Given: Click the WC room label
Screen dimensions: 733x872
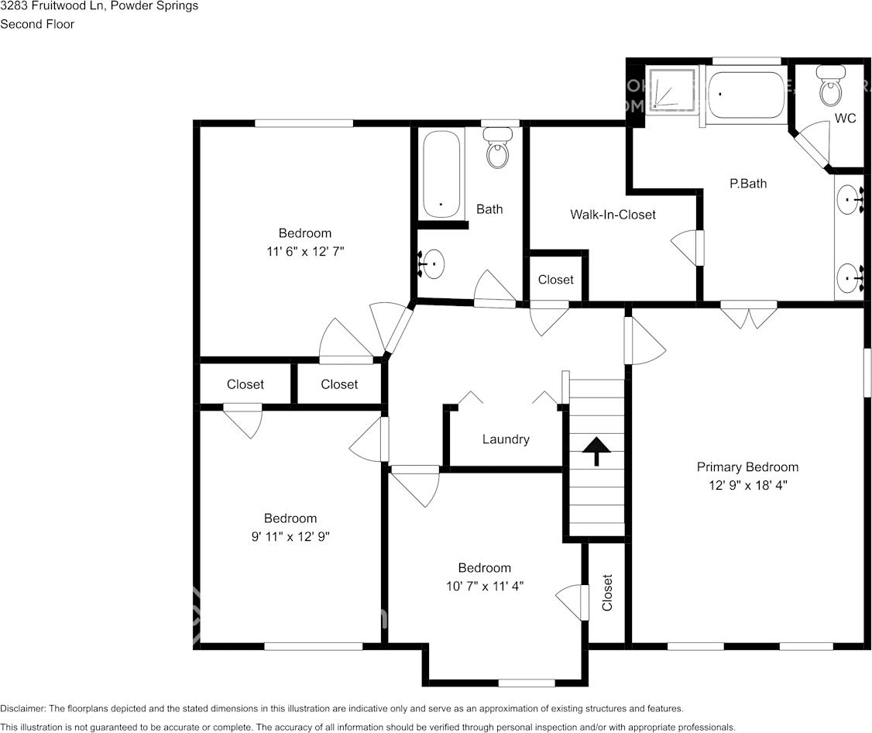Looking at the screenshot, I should (x=845, y=119).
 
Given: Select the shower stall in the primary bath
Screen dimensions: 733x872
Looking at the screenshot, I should (x=671, y=89).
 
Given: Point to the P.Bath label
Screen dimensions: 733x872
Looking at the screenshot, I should (x=748, y=184).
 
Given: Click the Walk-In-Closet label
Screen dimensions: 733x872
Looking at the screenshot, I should (x=613, y=214).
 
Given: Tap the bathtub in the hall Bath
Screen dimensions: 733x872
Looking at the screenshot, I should (x=442, y=174).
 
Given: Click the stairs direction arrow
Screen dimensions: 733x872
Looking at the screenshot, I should (x=596, y=450).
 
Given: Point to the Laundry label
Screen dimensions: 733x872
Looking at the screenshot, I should (x=506, y=439).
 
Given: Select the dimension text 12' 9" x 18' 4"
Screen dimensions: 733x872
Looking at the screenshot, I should (x=747, y=485).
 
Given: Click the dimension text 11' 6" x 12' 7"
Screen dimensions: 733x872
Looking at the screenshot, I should (x=304, y=251).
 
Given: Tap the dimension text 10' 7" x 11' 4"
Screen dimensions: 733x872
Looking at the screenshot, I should (x=484, y=586).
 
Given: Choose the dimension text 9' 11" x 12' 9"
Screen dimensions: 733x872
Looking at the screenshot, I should (x=290, y=536).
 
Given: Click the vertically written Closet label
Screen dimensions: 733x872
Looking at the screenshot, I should (x=607, y=593).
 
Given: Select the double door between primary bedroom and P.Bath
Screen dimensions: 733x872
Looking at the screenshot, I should (x=748, y=313).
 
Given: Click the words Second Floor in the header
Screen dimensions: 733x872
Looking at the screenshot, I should (x=37, y=24).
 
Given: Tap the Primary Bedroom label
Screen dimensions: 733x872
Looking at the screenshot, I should (x=747, y=466).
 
